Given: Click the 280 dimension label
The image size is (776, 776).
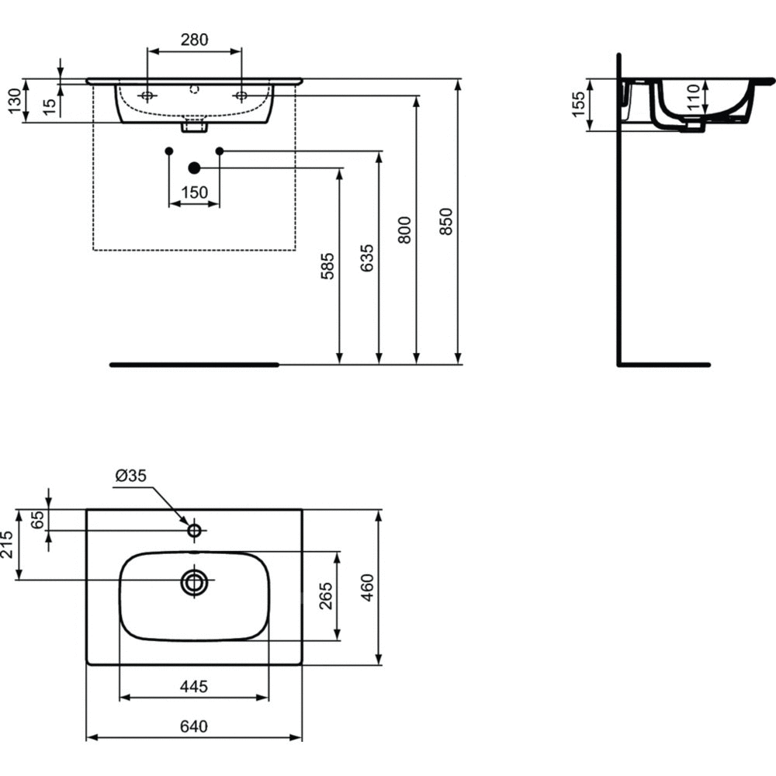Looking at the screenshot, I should point(194,40).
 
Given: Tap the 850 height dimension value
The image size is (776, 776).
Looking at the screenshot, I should point(445,225).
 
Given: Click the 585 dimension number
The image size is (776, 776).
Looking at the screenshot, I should point(327,266).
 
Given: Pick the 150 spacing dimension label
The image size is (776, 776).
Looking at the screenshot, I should point(194,192).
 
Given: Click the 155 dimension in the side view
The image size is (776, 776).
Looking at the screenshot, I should point(578,105).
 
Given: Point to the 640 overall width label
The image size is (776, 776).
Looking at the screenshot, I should point(194,727).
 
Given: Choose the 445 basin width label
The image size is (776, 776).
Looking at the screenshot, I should point(194,685).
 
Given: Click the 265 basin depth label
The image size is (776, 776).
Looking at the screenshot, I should point(326,596).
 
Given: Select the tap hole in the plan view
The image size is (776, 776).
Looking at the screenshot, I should point(194,531).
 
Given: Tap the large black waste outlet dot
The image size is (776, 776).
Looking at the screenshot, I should point(194,168).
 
